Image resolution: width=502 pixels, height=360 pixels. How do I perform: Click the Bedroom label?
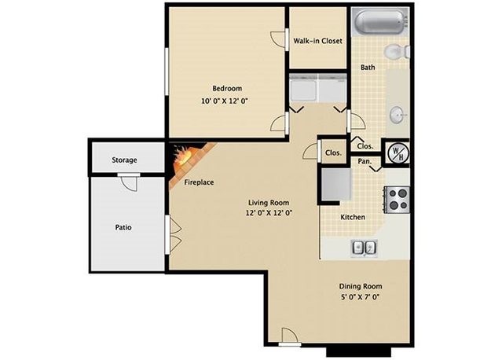pyautogui.click(x=227, y=87)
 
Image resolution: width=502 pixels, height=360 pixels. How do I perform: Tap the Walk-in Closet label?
pyautogui.click(x=317, y=41)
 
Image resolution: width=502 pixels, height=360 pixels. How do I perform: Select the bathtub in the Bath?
pyautogui.click(x=380, y=21)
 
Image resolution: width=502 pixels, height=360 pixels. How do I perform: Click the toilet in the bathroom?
pyautogui.click(x=399, y=52)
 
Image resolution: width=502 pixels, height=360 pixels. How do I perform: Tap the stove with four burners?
pyautogui.click(x=398, y=198)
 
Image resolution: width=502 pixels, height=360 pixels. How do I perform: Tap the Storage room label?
pyautogui.click(x=124, y=160)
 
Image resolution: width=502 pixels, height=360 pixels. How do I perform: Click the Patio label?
pyautogui.click(x=123, y=227)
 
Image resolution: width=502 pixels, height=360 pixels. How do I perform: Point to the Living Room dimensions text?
pyautogui.click(x=269, y=212)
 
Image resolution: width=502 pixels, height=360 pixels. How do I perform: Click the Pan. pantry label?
pyautogui.click(x=365, y=161)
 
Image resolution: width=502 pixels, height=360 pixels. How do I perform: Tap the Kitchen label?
pyautogui.click(x=351, y=218)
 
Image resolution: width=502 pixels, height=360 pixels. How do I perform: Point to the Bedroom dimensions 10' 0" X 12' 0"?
pyautogui.click(x=226, y=101)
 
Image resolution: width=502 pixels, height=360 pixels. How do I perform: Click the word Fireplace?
pyautogui.click(x=199, y=182)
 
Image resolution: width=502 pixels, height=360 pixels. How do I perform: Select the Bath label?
pyautogui.click(x=368, y=68)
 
